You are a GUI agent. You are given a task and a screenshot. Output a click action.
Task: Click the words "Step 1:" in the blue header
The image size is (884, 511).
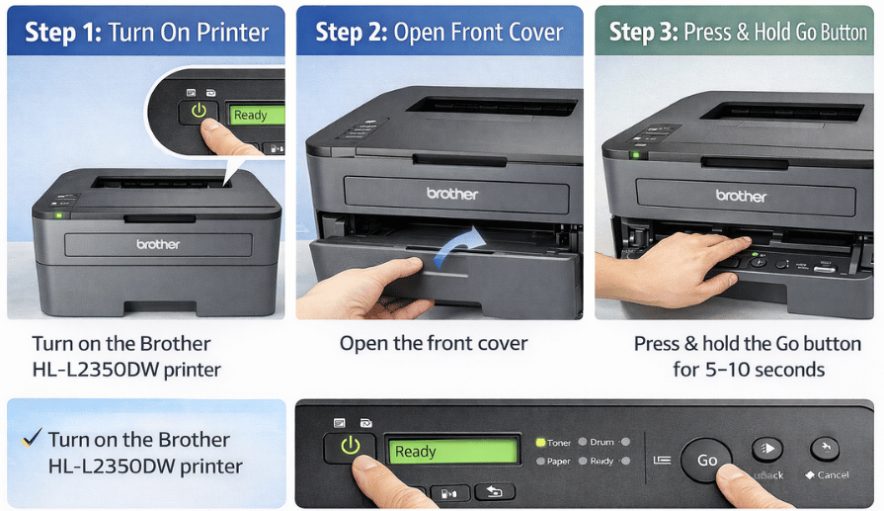click(x=63, y=33)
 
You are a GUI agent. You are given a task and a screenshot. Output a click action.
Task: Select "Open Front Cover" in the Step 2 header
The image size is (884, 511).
click(x=481, y=33)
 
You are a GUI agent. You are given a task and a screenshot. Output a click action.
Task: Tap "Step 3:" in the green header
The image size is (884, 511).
click(x=645, y=33)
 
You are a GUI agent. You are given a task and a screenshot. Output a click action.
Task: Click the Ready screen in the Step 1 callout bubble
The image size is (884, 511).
click(x=256, y=115)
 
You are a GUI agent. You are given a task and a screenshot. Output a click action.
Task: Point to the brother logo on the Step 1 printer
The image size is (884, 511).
click(x=158, y=243)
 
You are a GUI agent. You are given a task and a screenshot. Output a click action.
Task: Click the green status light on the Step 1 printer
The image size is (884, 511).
click(x=59, y=213)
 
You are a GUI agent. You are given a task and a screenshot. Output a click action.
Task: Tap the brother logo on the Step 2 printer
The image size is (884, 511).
click(x=451, y=193)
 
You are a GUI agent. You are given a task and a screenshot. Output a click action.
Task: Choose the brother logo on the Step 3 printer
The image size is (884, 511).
click(x=741, y=196)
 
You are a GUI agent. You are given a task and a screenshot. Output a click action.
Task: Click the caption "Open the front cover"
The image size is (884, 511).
click(x=434, y=344)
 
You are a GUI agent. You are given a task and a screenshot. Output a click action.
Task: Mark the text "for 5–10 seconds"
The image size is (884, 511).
click(x=749, y=370)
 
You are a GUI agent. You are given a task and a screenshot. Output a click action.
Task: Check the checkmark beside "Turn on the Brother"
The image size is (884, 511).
click(x=32, y=437)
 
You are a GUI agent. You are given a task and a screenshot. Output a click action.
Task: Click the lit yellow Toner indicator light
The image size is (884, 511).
click(x=540, y=443)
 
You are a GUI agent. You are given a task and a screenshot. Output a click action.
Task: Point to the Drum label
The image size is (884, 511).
click(x=602, y=443)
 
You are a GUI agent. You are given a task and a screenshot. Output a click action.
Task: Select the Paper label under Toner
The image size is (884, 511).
click(x=559, y=462)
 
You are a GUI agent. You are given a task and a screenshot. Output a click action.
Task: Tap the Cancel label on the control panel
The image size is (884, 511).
click(x=832, y=474)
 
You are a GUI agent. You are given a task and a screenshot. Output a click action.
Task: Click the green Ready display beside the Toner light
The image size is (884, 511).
click(x=451, y=452)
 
